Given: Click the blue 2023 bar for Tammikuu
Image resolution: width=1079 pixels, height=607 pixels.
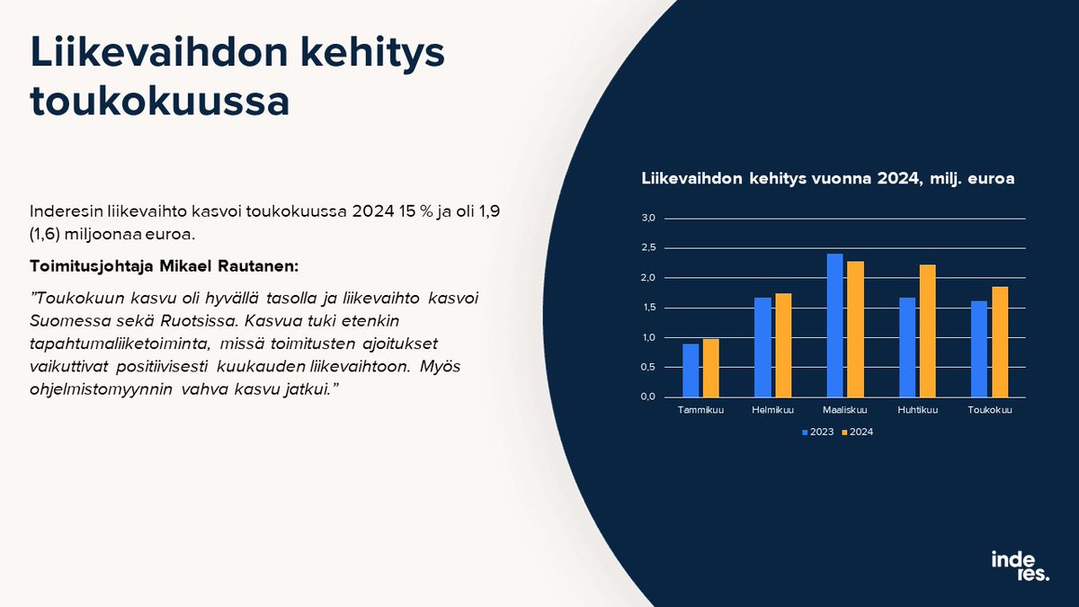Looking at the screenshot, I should [691, 370].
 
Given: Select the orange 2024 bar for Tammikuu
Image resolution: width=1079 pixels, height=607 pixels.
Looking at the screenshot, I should [710, 368].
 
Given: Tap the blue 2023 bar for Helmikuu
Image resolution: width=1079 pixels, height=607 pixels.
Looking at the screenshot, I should [762, 347].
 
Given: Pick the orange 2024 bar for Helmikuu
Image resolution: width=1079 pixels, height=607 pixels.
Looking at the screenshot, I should [782, 345].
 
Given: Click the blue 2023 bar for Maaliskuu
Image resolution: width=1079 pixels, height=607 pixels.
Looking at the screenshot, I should [834, 326].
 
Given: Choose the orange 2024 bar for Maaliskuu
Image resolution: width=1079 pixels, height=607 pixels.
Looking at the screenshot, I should [854, 329].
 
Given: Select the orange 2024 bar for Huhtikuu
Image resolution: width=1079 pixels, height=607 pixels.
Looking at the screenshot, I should [926, 331].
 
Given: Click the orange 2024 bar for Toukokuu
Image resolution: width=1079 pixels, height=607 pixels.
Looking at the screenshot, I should [998, 342].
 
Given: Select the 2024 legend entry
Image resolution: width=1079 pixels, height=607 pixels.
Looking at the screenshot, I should [857, 432].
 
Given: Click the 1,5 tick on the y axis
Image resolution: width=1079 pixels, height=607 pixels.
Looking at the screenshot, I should [649, 308].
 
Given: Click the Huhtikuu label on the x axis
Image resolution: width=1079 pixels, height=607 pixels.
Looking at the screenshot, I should [917, 411].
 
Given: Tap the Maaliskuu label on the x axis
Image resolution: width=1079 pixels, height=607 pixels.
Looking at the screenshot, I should [844, 411].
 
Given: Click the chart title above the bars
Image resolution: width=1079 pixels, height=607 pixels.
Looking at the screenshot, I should [827, 179].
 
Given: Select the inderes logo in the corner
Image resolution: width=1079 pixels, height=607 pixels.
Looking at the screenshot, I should [1019, 566].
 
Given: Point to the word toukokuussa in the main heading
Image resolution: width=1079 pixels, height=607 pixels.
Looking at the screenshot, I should [160, 102].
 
